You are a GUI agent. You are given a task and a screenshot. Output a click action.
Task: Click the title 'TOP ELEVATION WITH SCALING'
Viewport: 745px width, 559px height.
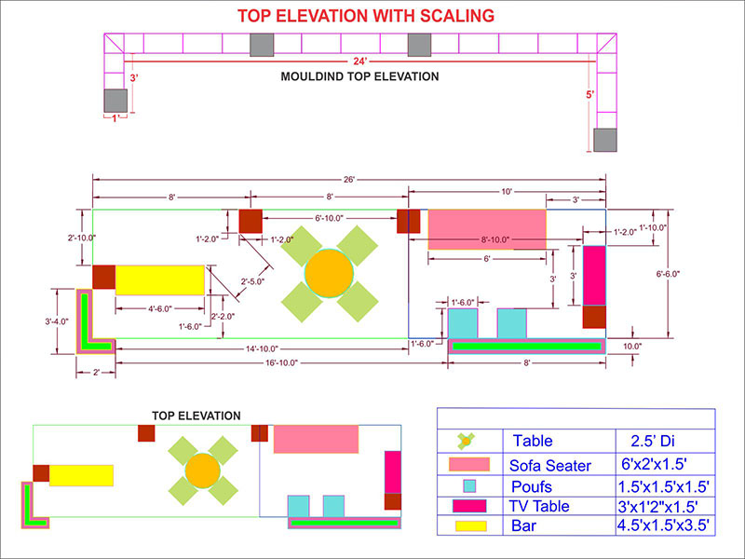click(x=365, y=16)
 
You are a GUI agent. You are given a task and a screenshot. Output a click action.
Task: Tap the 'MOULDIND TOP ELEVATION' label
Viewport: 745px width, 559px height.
click(x=359, y=77)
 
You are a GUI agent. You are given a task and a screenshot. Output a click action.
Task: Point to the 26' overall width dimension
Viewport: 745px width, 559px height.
click(x=349, y=178)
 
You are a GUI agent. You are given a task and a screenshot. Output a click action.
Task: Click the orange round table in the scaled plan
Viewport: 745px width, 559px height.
click(x=329, y=272)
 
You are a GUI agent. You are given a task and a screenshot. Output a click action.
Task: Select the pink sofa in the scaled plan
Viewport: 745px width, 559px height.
click(x=487, y=229)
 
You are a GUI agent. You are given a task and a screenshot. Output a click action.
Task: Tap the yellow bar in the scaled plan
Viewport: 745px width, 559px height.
click(x=159, y=279)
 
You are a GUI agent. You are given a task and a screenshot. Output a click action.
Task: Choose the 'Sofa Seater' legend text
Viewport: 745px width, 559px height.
click(x=550, y=465)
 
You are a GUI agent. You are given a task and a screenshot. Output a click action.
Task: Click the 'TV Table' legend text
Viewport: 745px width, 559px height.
click(x=539, y=507)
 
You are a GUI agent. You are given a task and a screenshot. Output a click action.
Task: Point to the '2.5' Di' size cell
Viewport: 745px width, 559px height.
click(x=646, y=441)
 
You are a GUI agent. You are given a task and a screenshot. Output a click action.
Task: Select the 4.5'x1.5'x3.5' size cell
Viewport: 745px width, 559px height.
click(x=664, y=526)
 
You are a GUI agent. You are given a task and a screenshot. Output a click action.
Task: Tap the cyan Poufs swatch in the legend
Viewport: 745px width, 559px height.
click(x=469, y=485)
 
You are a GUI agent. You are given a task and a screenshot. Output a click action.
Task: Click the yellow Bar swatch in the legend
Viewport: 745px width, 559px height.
click(x=468, y=527)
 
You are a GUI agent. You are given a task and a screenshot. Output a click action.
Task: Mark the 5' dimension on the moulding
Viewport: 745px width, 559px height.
click(x=589, y=95)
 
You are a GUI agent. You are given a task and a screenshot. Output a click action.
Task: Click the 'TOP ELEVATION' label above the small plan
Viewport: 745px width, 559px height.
click(x=196, y=416)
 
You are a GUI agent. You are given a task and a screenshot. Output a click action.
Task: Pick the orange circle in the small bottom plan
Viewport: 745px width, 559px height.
click(x=201, y=470)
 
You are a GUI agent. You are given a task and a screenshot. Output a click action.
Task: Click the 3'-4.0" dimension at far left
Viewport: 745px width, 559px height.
click(x=62, y=321)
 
